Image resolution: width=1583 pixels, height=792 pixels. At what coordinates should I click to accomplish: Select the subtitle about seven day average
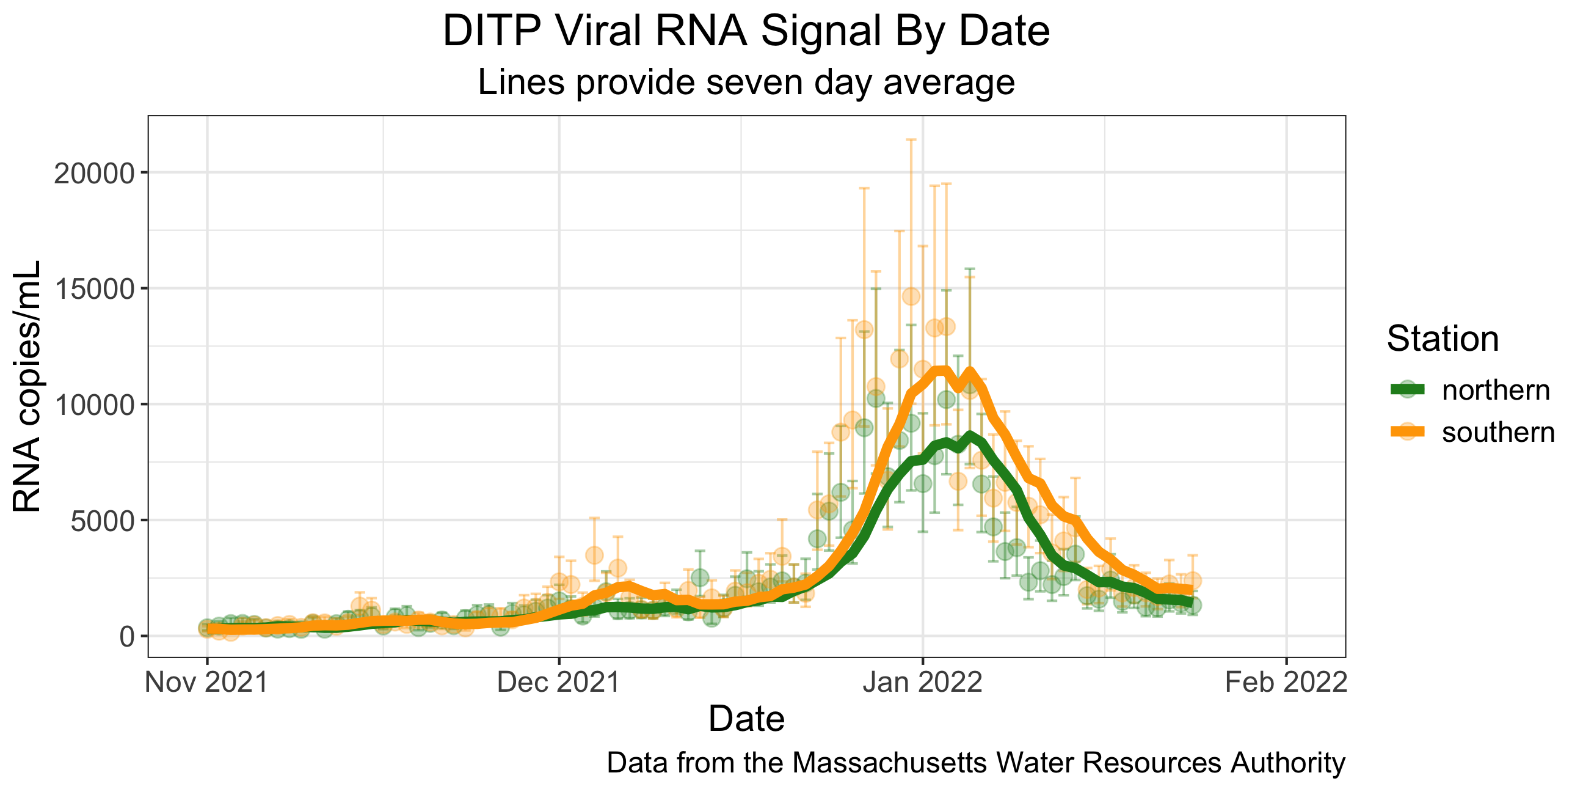[746, 82]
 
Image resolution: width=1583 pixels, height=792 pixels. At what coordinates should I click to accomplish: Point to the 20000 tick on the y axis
[94, 174]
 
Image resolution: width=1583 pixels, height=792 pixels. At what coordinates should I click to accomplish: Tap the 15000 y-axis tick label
[94, 289]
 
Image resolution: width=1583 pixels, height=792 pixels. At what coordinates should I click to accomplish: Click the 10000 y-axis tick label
[94, 405]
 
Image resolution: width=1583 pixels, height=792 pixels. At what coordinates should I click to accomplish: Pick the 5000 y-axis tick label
[102, 521]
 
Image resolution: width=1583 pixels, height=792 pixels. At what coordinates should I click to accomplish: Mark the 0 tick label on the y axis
[127, 636]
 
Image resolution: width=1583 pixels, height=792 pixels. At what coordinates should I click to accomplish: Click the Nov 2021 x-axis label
[206, 683]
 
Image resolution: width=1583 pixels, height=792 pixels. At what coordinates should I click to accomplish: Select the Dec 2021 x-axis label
[559, 683]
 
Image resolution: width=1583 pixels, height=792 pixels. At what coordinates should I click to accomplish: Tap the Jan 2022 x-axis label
[922, 683]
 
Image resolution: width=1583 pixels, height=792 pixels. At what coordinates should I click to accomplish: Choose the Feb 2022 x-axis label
[1286, 683]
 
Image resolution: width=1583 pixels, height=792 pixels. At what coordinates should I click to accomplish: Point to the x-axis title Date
[746, 718]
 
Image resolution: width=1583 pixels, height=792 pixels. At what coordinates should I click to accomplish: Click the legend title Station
[1443, 339]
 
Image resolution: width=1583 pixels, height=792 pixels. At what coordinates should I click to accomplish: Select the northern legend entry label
[1496, 391]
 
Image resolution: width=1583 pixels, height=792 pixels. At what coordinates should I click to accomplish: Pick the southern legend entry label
[1498, 432]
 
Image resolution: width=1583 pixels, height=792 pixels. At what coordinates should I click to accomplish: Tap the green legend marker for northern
[1407, 389]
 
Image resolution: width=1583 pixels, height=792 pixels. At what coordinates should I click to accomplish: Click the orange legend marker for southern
[1407, 431]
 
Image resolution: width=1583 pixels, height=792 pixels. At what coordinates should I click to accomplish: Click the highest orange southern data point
[911, 296]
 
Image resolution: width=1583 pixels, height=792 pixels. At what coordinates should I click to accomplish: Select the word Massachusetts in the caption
[890, 763]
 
